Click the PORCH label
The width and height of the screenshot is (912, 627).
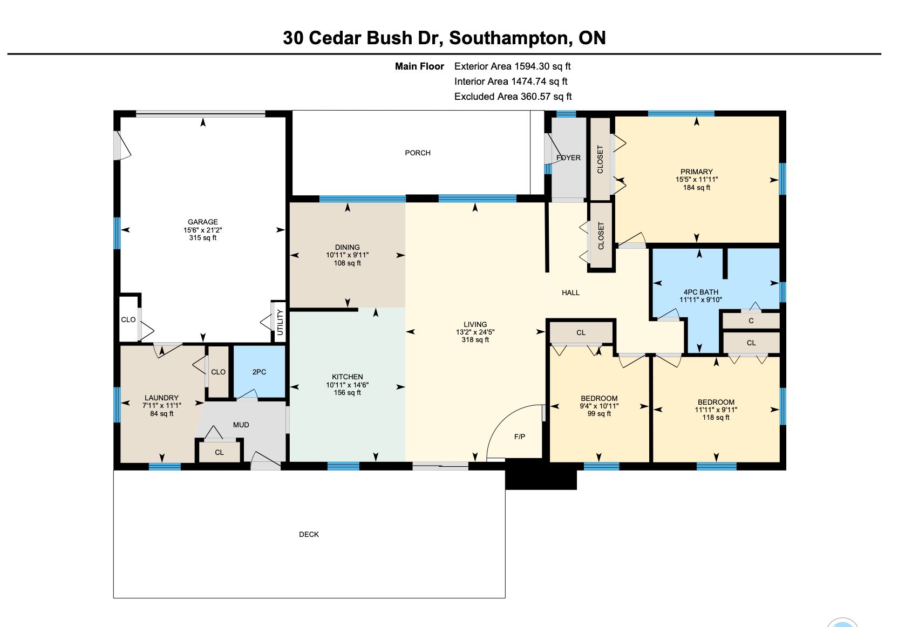pyautogui.click(x=417, y=153)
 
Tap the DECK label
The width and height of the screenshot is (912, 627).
pyautogui.click(x=309, y=535)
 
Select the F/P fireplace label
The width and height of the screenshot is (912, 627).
pyautogui.click(x=520, y=437)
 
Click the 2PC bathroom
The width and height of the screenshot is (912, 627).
pyautogui.click(x=259, y=372)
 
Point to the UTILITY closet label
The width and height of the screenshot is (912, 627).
pyautogui.click(x=280, y=323)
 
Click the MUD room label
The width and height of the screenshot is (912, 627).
pyautogui.click(x=241, y=425)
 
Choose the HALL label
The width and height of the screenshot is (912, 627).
pyautogui.click(x=570, y=293)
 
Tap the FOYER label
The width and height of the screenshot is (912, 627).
pyautogui.click(x=568, y=158)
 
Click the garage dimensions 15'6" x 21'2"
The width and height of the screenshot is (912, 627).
pyautogui.click(x=203, y=230)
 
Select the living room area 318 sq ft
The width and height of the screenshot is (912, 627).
pyautogui.click(x=475, y=340)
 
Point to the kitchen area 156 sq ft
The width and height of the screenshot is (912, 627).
pyautogui.click(x=348, y=393)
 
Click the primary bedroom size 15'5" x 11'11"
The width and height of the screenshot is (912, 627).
pyautogui.click(x=697, y=180)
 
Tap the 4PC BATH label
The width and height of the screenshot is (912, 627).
pyautogui.click(x=700, y=292)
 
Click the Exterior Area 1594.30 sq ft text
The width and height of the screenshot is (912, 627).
pyautogui.click(x=512, y=66)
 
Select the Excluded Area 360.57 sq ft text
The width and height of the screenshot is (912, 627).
pyautogui.click(x=513, y=97)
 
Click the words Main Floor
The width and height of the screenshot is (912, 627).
pyautogui.click(x=419, y=66)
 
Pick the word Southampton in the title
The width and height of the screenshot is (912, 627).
pyautogui.click(x=508, y=38)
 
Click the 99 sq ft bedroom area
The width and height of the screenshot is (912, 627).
pyautogui.click(x=600, y=414)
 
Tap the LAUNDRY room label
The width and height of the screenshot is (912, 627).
pyautogui.click(x=162, y=398)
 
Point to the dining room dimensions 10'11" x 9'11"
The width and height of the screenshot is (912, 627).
pyautogui.click(x=348, y=255)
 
